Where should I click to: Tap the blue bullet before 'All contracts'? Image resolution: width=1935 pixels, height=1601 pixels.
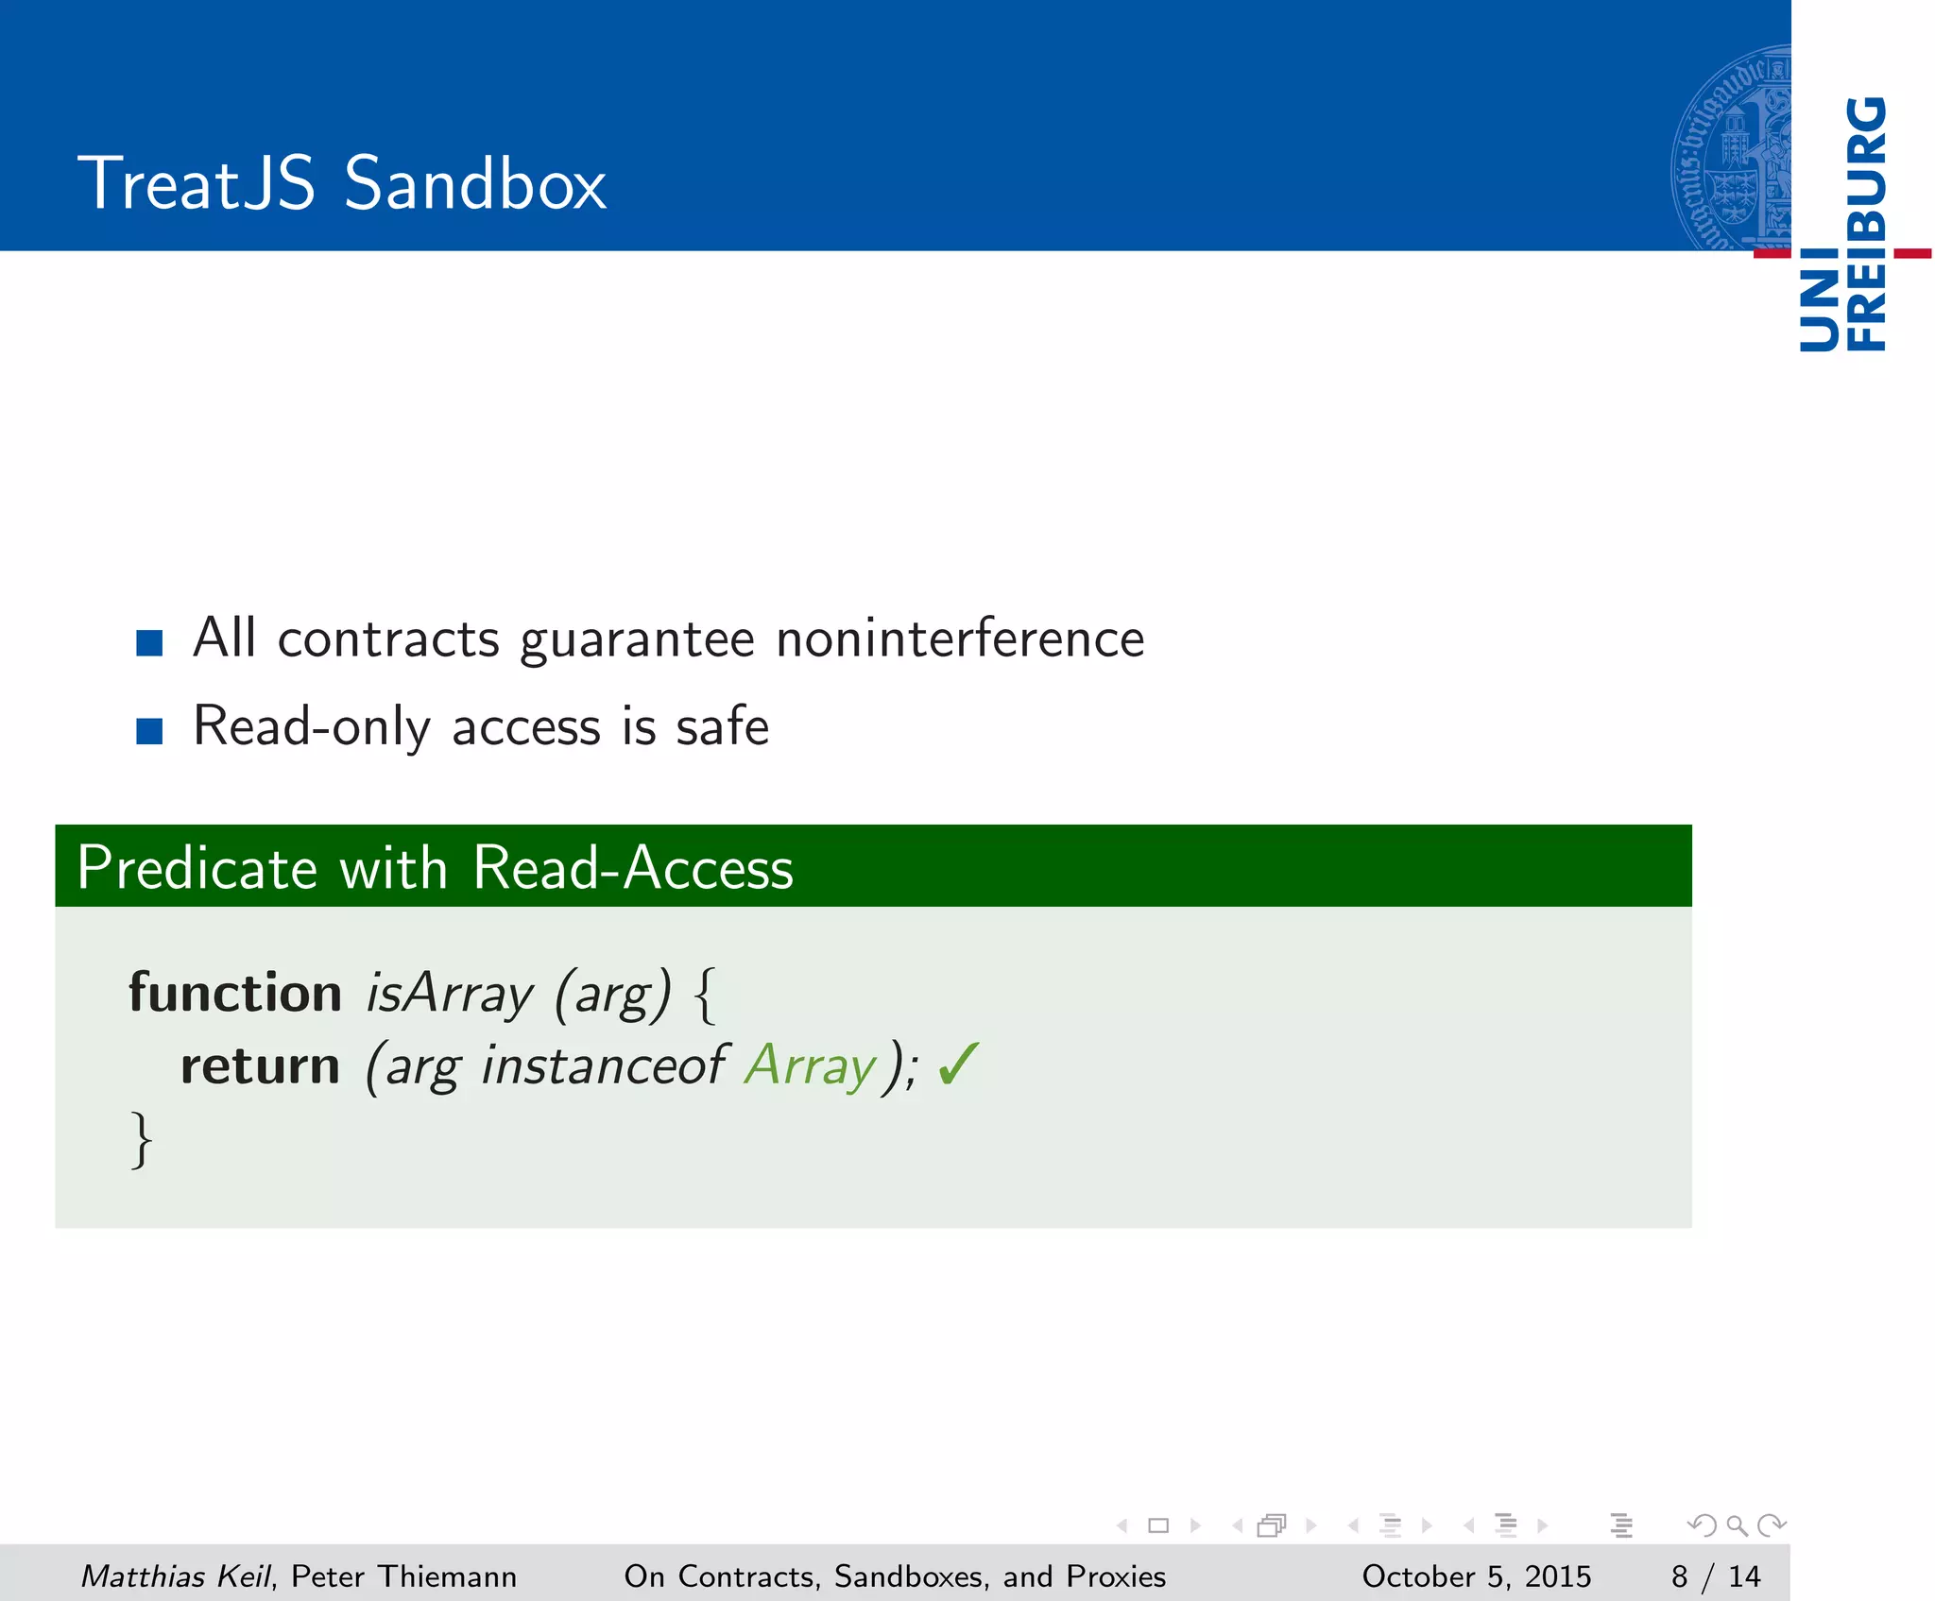(x=149, y=643)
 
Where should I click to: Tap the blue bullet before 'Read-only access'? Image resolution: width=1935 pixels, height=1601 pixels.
(x=149, y=731)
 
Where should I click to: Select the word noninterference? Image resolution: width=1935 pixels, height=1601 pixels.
(x=960, y=639)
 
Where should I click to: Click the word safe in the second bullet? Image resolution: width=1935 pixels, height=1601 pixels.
(x=722, y=726)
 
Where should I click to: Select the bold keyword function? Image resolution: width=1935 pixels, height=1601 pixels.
(x=235, y=993)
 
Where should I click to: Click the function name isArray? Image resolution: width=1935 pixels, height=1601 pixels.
(x=450, y=995)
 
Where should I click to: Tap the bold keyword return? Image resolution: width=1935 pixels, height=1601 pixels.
(x=260, y=1065)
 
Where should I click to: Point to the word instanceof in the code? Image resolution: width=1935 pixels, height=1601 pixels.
(x=604, y=1065)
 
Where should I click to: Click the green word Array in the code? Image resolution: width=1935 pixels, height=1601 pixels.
(x=811, y=1067)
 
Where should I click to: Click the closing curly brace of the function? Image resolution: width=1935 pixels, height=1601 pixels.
(x=141, y=1140)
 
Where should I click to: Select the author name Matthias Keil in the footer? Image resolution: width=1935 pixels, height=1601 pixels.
(x=176, y=1575)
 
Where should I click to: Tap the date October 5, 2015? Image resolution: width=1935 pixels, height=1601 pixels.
(x=1476, y=1575)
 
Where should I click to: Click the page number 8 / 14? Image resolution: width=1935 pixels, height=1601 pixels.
(x=1715, y=1575)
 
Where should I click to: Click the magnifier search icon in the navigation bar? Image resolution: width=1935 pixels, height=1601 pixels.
(x=1737, y=1524)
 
